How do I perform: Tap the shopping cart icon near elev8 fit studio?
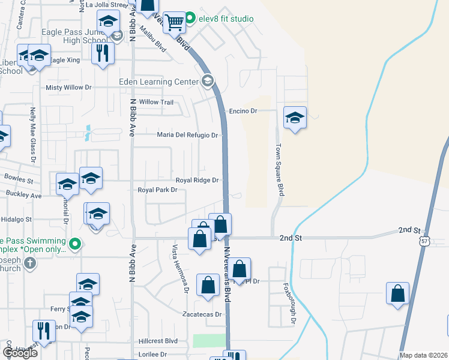174,23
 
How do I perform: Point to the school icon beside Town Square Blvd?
295,117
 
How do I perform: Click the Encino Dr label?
243,111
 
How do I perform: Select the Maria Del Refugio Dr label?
187,135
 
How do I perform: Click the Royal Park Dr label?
158,190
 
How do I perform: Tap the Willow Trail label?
156,102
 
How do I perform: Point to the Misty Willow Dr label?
68,87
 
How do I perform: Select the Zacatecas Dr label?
202,314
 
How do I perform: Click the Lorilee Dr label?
151,355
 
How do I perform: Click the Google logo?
20,353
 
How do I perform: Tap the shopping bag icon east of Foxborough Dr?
397,294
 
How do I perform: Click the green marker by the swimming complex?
75,244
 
